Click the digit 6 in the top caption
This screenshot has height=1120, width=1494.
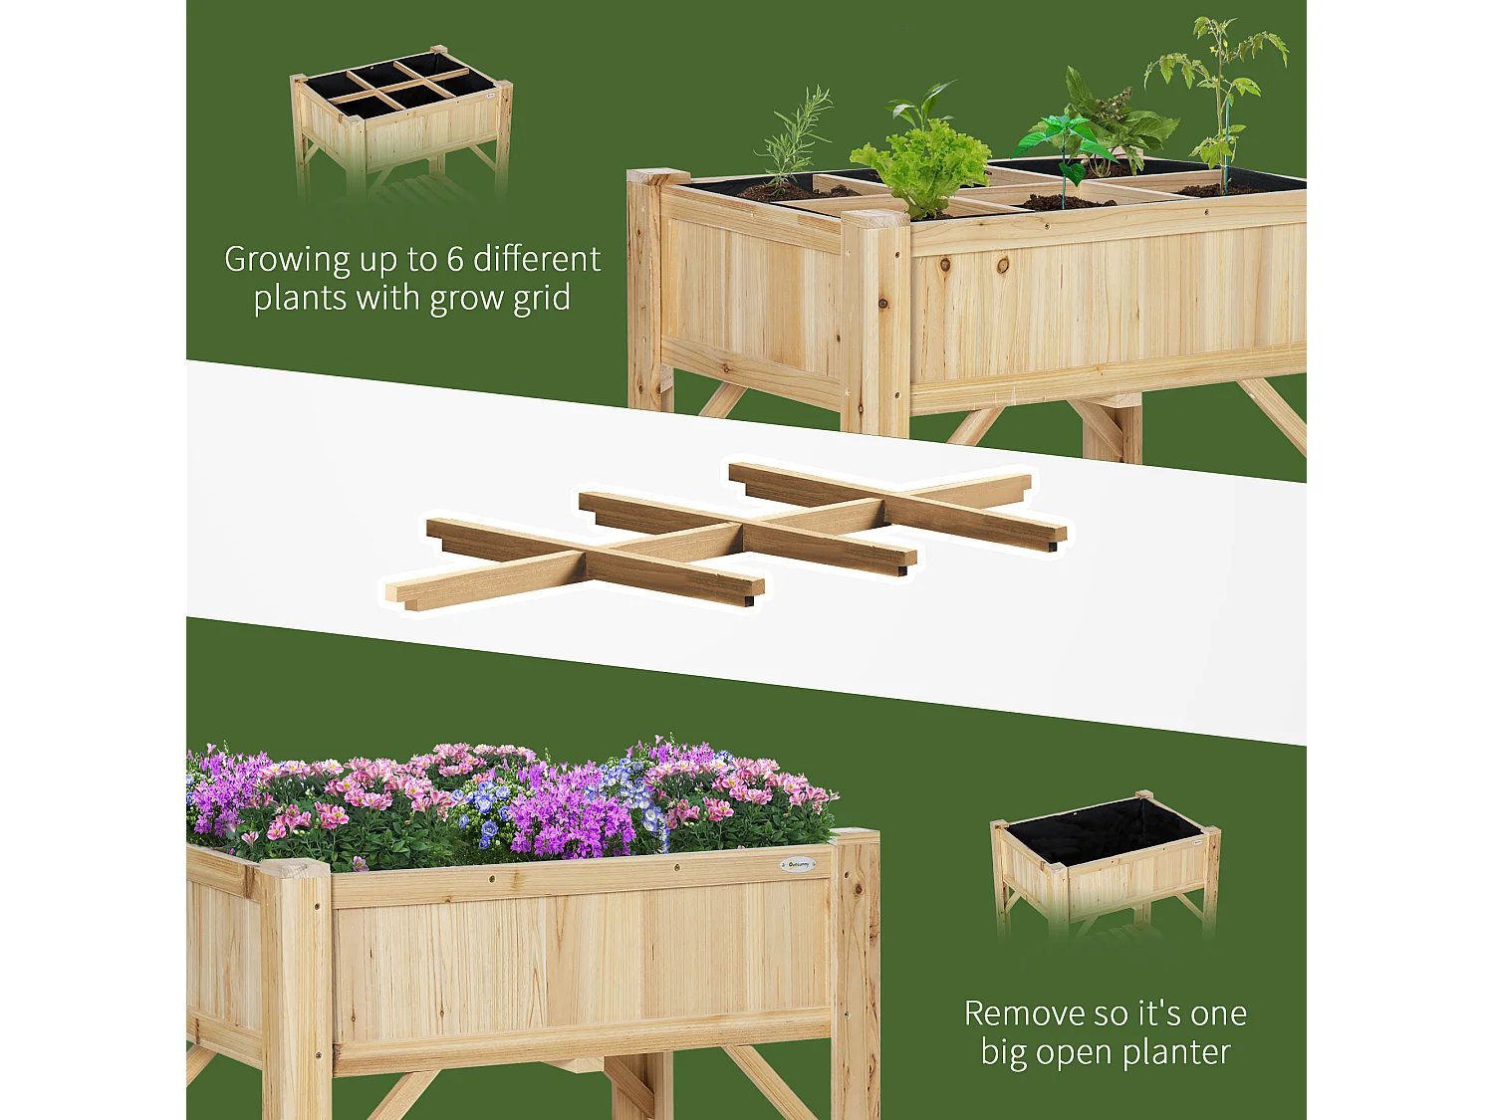(x=455, y=260)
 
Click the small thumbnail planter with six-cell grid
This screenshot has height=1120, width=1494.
(x=401, y=124)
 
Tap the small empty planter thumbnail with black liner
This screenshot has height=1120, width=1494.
(x=1106, y=863)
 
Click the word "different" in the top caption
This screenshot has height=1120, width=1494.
(x=538, y=260)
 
